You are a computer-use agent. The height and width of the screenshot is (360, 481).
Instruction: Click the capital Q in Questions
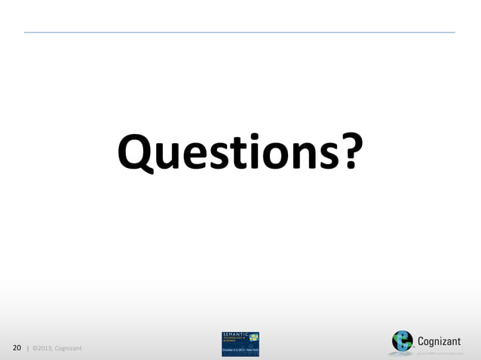[x=133, y=152]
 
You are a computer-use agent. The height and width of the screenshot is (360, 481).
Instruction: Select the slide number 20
[x=17, y=347]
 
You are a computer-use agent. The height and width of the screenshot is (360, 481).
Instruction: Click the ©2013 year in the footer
[x=42, y=348]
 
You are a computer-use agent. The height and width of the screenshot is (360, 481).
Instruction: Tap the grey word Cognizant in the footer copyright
[x=68, y=348]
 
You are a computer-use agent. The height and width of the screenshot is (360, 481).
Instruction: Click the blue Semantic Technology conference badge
[x=240, y=343]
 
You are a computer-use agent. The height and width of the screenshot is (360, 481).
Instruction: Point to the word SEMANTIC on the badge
[x=235, y=334]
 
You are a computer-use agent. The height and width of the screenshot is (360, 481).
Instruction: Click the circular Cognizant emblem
[x=402, y=341]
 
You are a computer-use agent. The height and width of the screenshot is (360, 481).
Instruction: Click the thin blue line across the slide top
[x=240, y=32]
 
